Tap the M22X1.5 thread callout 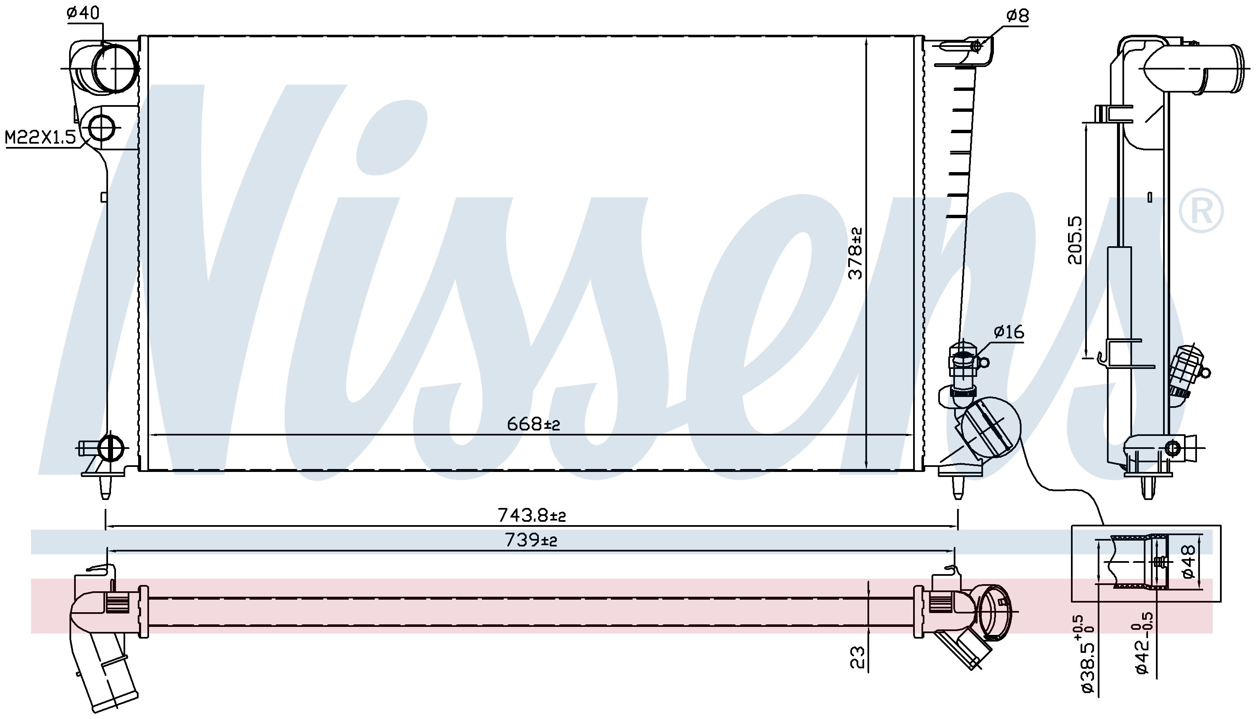(41, 137)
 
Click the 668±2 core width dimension (534, 423)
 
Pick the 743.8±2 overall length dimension (531, 515)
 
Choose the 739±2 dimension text (531, 540)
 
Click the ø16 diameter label (1009, 331)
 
